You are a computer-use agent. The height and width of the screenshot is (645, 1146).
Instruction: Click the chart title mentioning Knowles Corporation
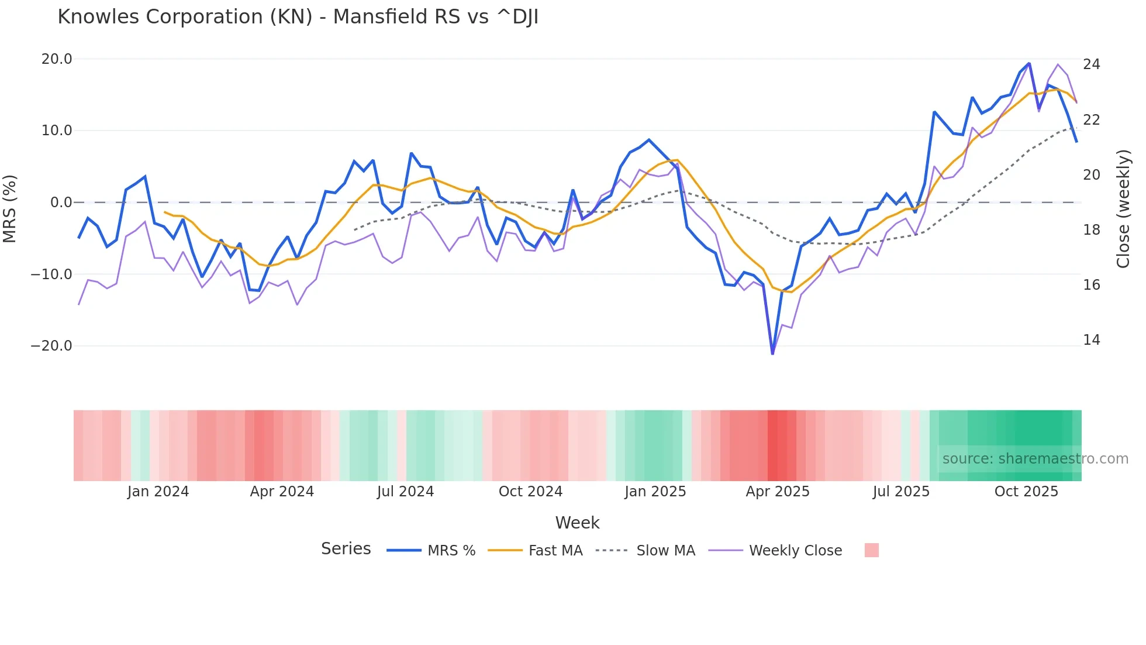click(298, 17)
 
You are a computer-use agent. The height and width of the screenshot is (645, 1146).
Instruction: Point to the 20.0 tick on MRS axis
click(57, 59)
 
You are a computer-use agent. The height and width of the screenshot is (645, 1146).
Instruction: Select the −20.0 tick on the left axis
click(51, 346)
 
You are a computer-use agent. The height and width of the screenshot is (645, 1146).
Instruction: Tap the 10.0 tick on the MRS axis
click(57, 131)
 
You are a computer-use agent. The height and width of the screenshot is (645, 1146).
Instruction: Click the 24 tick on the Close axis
click(1091, 64)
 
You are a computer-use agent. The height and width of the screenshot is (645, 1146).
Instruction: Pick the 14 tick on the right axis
click(1091, 340)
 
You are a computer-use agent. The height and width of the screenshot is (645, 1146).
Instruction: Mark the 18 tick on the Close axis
click(1091, 230)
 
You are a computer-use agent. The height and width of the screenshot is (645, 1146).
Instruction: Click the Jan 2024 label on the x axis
click(158, 492)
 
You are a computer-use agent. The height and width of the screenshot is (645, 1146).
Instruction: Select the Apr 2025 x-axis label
click(777, 492)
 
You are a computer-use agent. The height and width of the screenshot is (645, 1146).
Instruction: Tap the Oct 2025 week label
click(1026, 492)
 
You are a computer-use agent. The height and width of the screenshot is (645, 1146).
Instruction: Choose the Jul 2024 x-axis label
click(405, 492)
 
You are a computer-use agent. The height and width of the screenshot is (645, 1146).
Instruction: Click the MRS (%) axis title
click(10, 208)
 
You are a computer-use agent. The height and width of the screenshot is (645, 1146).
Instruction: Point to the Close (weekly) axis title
click(1123, 209)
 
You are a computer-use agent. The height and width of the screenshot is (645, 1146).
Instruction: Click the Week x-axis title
click(577, 523)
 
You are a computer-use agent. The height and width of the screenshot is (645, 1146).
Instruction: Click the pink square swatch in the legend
click(871, 550)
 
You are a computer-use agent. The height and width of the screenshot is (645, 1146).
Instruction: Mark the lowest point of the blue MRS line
click(772, 354)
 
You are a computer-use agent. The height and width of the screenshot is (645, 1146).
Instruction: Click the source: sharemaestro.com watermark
click(1035, 459)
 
